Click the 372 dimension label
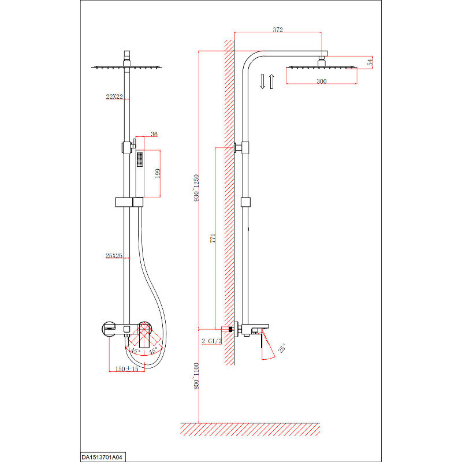pyautogui.click(x=278, y=29)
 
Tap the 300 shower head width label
pyautogui.click(x=321, y=81)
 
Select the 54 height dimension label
pyautogui.click(x=370, y=62)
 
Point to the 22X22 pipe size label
pyautogui.click(x=114, y=96)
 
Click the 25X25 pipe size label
pyautogui.click(x=114, y=256)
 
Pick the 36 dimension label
pyautogui.click(x=154, y=135)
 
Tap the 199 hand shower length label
pyautogui.click(x=158, y=173)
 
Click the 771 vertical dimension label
pyautogui.click(x=213, y=239)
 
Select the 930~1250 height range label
pyautogui.click(x=196, y=188)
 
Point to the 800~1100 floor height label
pyautogui.click(x=196, y=376)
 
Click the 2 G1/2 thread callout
pyautogui.click(x=211, y=341)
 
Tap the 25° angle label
pyautogui.click(x=282, y=348)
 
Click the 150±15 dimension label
pyautogui.click(x=126, y=369)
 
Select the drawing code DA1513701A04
pyautogui.click(x=102, y=457)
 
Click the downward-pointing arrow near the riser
pyautogui.click(x=263, y=81)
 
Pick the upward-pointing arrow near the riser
pyautogui.click(x=271, y=81)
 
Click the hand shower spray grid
pyautogui.click(x=140, y=159)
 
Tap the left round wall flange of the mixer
pyautogui.click(x=109, y=328)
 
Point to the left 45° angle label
pyautogui.click(x=135, y=351)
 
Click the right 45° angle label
pyautogui.click(x=153, y=351)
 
